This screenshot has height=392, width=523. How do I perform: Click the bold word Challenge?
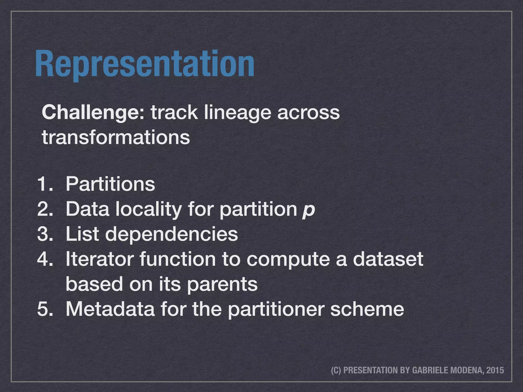[x=93, y=113]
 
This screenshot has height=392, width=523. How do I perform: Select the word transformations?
[x=116, y=137]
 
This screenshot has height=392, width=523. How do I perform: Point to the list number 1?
[x=44, y=184]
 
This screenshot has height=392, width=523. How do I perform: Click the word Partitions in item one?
[x=110, y=184]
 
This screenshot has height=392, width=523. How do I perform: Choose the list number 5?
[x=44, y=309]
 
